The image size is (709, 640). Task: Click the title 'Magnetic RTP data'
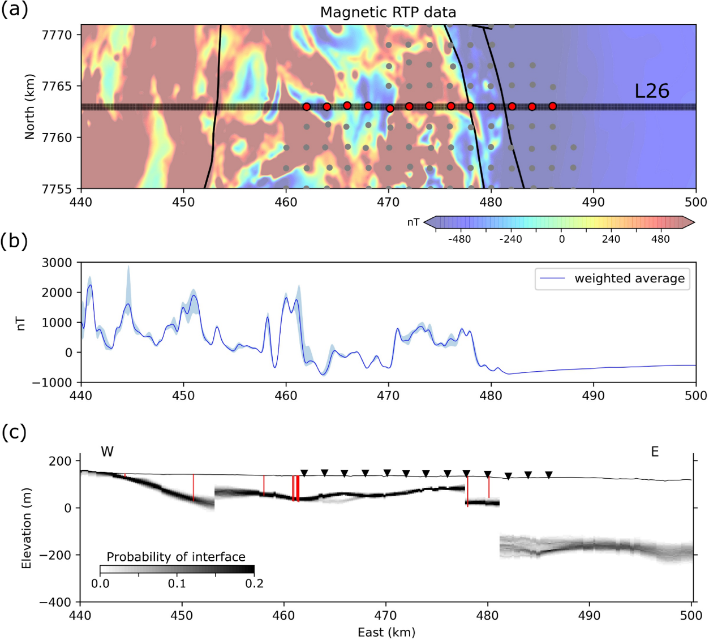tap(388, 12)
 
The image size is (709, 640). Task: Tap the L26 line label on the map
tap(651, 91)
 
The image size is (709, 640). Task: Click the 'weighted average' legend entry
tap(629, 278)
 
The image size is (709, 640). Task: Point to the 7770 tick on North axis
tap(57, 35)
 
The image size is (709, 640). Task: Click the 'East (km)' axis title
tap(386, 632)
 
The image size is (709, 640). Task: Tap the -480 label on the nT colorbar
tap(459, 239)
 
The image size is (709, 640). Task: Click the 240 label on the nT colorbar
tap(611, 239)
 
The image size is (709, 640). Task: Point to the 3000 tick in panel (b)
tap(57, 263)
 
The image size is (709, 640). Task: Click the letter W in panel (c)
tap(107, 452)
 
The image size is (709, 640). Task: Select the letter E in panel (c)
tap(655, 452)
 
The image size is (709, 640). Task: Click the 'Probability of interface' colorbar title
tap(176, 557)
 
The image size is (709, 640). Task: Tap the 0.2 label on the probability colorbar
tap(255, 583)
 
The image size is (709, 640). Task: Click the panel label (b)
tap(14, 240)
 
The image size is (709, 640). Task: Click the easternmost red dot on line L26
tap(552, 106)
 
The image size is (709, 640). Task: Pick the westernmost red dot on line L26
tap(306, 106)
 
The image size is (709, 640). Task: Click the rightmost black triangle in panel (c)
tap(548, 475)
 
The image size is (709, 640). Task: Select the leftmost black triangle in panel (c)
tap(304, 473)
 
